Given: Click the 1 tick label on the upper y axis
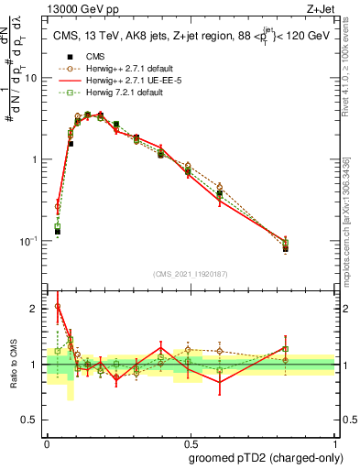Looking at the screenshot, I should click(37, 159).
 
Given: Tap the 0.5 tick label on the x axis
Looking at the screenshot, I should click(191, 440).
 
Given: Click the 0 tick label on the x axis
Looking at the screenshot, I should click(47, 440).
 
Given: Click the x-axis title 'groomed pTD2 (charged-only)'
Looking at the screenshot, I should click(265, 456).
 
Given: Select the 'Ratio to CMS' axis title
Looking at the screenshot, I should click(12, 365).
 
